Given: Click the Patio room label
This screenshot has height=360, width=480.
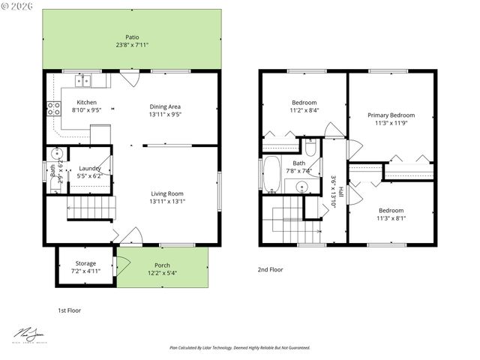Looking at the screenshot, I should tap(132, 37).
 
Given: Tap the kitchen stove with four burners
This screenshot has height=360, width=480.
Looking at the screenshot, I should tap(54, 108).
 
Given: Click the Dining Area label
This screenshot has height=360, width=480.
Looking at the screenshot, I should tap(165, 106).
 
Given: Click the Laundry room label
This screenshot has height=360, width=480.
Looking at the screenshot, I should tap(90, 169).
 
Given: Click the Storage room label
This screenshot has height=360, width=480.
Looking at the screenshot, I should tap(85, 263).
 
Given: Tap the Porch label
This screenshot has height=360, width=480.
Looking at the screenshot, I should tap(162, 265).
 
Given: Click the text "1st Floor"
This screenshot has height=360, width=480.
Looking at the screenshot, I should tap(69, 310).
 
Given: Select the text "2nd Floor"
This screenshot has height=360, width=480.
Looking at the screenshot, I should tap(270, 269).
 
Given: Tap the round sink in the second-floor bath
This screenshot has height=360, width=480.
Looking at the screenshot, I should tap(302, 187).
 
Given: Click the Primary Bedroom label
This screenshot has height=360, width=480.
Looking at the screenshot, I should tap(391, 115).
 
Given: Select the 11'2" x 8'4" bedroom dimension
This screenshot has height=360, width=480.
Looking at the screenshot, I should tap(304, 110).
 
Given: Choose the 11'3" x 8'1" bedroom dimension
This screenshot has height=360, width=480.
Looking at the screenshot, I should tap(391, 219).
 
